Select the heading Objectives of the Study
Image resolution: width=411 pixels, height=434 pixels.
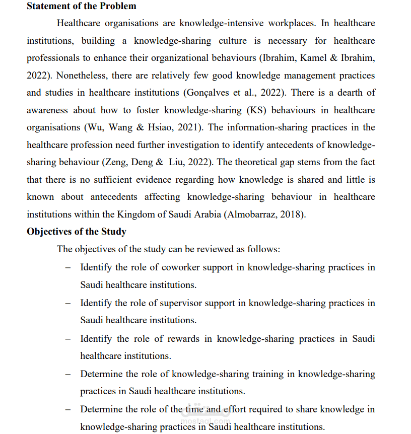pos(77,232)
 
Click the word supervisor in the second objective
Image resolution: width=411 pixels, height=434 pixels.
pos(182,303)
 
